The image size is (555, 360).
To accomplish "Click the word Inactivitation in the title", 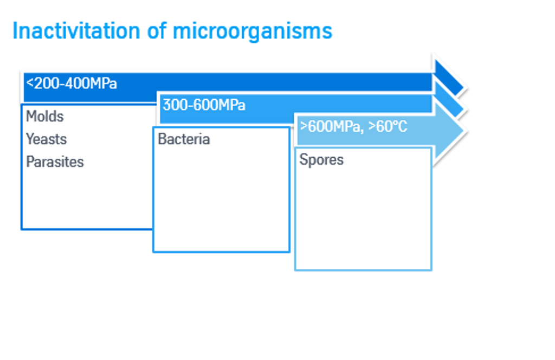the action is coord(76,31).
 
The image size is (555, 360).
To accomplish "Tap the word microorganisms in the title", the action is coord(252,31).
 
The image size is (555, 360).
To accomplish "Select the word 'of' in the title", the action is coord(158,31).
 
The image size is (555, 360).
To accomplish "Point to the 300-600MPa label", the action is coord(204,105).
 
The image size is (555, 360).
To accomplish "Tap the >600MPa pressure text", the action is coord(328,127).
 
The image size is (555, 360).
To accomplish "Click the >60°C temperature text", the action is coord(388,127).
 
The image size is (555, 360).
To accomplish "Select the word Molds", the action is coord(45,117).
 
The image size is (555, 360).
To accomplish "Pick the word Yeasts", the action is coord(47,139).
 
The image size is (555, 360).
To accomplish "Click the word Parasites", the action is coord(55,162).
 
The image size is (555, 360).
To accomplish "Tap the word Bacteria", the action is coord(184,139).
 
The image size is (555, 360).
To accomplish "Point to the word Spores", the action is coord(321,160).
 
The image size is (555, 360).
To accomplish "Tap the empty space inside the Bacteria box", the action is coord(221,201).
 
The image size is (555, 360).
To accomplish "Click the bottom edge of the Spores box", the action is coord(363,269).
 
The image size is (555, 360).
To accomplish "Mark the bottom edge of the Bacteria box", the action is coord(221,252).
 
